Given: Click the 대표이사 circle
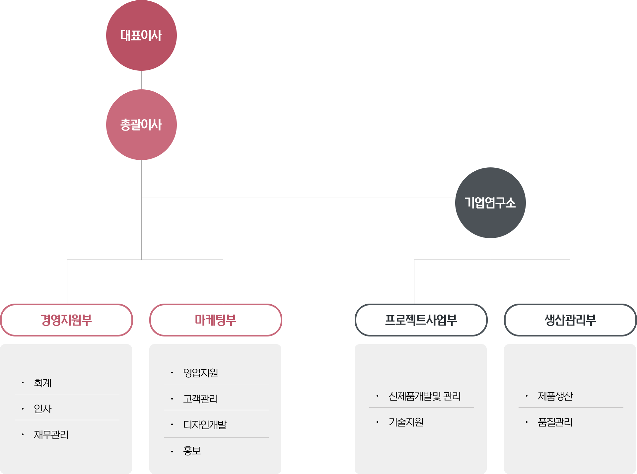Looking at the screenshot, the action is pyautogui.click(x=141, y=35).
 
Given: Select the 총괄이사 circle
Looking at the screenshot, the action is pyautogui.click(x=141, y=125).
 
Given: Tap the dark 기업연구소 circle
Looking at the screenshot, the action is pyautogui.click(x=490, y=203).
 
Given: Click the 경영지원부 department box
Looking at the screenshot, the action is pyautogui.click(x=66, y=320).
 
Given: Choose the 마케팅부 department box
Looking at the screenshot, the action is pyautogui.click(x=216, y=320).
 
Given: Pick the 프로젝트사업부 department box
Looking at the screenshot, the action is pyautogui.click(x=421, y=320).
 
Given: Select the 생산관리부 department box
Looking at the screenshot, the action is pyautogui.click(x=570, y=320).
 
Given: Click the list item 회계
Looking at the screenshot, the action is pyautogui.click(x=43, y=383).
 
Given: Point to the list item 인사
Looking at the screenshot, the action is pyautogui.click(x=43, y=409).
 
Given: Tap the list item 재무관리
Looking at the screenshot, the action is pyautogui.click(x=51, y=434).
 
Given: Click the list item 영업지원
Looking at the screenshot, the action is pyautogui.click(x=201, y=373).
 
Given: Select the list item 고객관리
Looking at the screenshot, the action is pyautogui.click(x=200, y=399).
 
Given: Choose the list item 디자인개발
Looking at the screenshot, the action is pyautogui.click(x=205, y=425).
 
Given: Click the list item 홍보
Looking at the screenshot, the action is pyautogui.click(x=192, y=451).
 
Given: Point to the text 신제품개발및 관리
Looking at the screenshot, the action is pyautogui.click(x=425, y=396).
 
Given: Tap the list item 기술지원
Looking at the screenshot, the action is pyautogui.click(x=406, y=422).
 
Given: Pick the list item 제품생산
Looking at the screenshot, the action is pyautogui.click(x=555, y=396).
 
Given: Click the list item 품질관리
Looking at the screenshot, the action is pyautogui.click(x=555, y=422).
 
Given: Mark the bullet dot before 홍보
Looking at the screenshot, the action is pyautogui.click(x=172, y=451).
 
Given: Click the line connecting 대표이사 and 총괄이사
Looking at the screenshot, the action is pyautogui.click(x=142, y=80).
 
